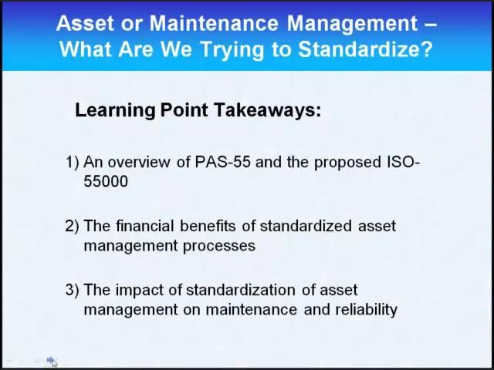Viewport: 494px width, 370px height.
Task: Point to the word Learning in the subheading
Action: [x=115, y=110]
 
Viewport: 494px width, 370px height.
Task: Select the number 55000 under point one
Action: [x=106, y=181]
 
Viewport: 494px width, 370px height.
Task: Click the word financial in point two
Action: [x=146, y=226]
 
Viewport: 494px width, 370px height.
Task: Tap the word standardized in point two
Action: [x=306, y=226]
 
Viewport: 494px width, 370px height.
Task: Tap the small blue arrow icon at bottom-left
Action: [x=50, y=360]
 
